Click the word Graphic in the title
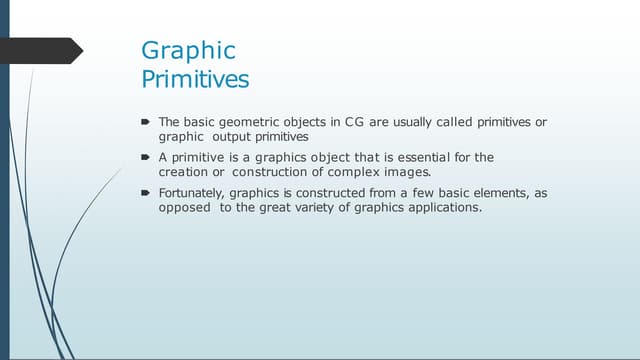[x=188, y=50]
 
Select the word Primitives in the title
[x=195, y=77]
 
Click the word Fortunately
[x=191, y=193]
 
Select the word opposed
[x=181, y=207]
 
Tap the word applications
[x=446, y=207]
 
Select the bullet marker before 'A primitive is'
[x=145, y=158]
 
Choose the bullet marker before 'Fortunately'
[x=145, y=193]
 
